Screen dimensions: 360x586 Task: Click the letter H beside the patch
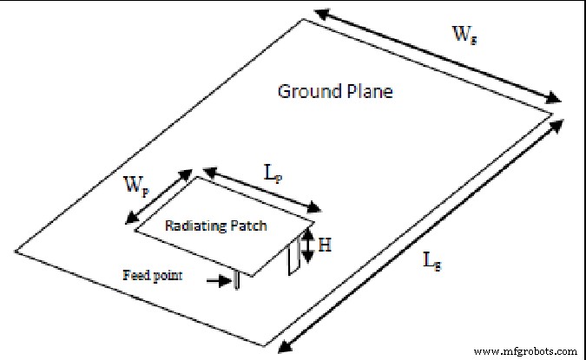pos(324,245)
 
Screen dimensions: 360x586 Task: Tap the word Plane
pos(368,91)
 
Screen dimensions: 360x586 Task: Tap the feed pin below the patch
pos(235,280)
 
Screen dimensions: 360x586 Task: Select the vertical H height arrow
pos(305,245)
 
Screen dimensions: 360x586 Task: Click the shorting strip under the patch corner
pos(293,257)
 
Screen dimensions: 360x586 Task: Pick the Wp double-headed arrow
pos(160,195)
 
